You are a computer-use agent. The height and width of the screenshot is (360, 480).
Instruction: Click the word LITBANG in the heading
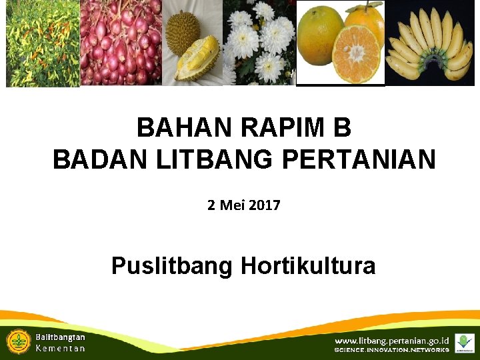(x=203, y=160)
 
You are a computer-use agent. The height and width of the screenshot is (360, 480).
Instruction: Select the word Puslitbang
(x=173, y=266)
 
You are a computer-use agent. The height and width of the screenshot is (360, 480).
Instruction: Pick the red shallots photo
(x=121, y=43)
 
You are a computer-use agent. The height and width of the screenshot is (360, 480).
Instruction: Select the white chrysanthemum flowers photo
(x=260, y=43)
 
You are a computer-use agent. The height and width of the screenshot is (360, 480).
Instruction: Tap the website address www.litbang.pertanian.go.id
(x=391, y=341)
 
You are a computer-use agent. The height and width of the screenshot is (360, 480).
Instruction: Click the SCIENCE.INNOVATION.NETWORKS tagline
(x=391, y=350)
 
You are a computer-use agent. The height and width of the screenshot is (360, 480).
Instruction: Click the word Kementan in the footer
(x=60, y=349)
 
